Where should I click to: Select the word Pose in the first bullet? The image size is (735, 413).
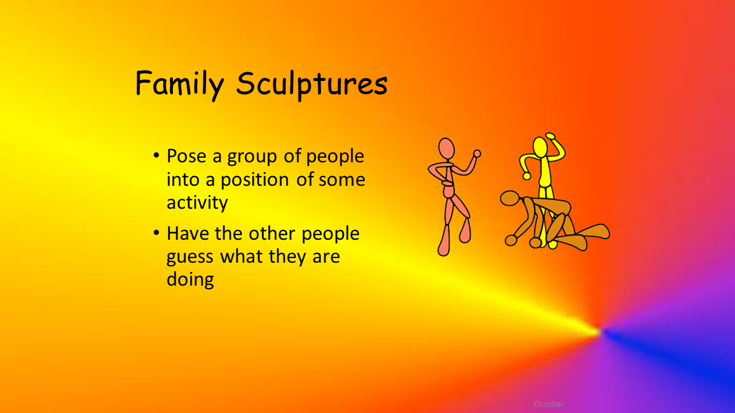click(x=186, y=156)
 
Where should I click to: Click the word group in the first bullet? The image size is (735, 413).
click(x=252, y=158)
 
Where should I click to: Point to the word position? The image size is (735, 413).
click(x=254, y=180)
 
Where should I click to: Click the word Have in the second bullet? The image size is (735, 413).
click(x=188, y=233)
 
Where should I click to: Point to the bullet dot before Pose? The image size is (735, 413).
click(x=156, y=155)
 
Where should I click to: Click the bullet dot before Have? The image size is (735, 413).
click(x=156, y=232)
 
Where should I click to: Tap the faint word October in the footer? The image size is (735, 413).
click(x=549, y=404)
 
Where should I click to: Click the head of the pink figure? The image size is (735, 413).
click(x=447, y=149)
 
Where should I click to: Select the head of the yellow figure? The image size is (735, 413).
click(x=540, y=147)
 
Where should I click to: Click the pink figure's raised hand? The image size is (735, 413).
click(x=477, y=153)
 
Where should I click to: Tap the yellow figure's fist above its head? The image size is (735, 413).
click(x=550, y=136)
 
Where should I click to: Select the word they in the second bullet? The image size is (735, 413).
click(x=288, y=256)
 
